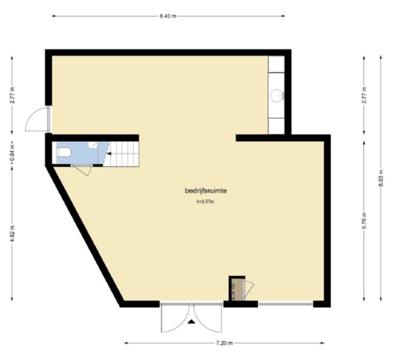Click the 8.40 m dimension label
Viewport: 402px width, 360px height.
coord(168,16)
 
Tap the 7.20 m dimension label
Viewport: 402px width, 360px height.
coord(224,343)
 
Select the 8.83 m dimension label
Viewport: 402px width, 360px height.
coord(381,178)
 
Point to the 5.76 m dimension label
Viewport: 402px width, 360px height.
coord(365,221)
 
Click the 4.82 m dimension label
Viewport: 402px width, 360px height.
coord(12,233)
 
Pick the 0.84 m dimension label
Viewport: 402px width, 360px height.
coord(12,156)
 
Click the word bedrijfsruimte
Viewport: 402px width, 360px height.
coord(205,191)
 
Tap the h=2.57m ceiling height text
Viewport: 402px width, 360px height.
coord(205,202)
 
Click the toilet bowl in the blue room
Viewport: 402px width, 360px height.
coord(64,152)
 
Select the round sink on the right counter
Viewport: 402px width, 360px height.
coord(278,95)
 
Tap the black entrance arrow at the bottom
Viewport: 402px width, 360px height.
coord(191,321)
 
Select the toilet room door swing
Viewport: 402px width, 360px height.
coord(83,170)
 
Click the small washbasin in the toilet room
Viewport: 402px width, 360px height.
coord(93,145)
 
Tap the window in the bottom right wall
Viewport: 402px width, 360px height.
coord(285,305)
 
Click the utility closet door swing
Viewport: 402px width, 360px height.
coord(249,290)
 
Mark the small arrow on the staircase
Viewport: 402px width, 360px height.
coord(109,154)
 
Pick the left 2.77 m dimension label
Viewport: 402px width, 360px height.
coord(12,95)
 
